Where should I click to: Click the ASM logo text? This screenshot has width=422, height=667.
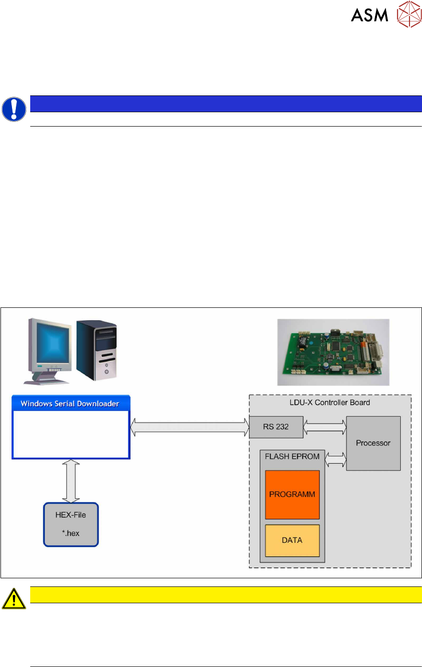369,15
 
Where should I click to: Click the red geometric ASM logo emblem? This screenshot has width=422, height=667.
409,14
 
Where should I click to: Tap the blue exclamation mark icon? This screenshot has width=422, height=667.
14,109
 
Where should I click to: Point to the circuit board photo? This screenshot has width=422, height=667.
333,352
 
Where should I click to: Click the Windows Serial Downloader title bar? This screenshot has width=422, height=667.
70,404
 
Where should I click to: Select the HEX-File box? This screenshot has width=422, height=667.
71,524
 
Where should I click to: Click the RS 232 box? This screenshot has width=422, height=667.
276,427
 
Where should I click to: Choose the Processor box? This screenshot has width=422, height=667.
373,443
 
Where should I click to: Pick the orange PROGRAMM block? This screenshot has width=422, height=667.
292,494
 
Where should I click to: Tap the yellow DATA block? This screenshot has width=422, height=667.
292,540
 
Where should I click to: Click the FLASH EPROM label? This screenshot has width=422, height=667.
292,456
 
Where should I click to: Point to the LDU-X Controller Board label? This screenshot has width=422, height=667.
329,402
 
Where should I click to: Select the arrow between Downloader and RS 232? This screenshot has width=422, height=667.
189,427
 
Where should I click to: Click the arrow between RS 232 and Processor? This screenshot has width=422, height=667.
325,427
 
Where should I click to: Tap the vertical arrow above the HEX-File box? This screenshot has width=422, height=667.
71,480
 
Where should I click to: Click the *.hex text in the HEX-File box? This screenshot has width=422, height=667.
71,533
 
